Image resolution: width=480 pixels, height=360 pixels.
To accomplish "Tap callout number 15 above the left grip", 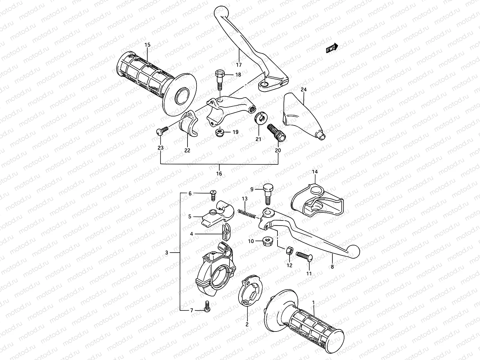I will pyautogui.click(x=147, y=45).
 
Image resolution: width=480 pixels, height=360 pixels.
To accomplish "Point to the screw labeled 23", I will pyautogui.click(x=162, y=131).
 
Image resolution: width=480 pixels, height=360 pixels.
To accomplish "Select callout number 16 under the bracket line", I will pyautogui.click(x=219, y=174).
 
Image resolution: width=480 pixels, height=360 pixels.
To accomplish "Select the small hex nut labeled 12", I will pyautogui.click(x=289, y=251).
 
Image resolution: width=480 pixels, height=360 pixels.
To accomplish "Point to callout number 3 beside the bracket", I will pyautogui.click(x=167, y=253).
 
